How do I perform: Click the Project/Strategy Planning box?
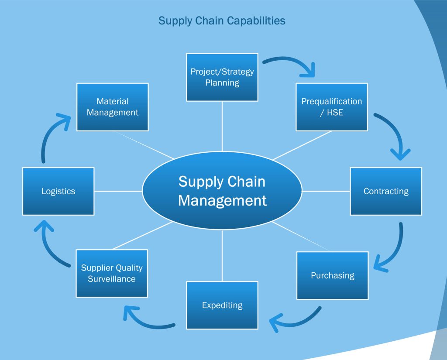pos(222,77)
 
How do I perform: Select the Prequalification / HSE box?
pos(332,107)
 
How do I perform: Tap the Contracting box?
pos(386,191)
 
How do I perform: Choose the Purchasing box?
pos(333,275)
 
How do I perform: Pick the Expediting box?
pos(222,305)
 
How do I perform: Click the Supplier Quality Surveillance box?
pos(112,273)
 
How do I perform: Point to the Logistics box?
pos(58,191)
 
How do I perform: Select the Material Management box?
pos(113,107)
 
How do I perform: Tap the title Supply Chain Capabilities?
pos(222,21)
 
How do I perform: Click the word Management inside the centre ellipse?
pos(222,200)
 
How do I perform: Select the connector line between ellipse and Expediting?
pos(222,256)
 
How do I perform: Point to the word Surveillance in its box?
pos(112,279)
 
